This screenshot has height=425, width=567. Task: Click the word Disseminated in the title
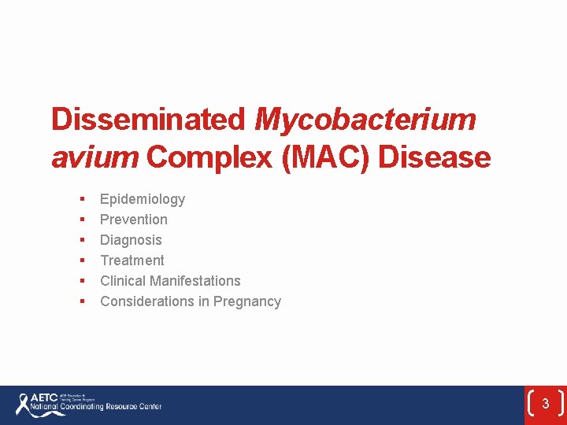pos(149,120)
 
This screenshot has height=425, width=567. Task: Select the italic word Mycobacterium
pos(365,120)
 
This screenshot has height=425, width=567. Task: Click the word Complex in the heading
pos(209,157)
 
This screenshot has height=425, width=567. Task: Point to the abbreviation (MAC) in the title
pos(325,157)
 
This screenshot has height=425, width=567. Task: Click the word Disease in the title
pos(435,157)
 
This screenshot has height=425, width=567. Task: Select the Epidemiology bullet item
pos(143,199)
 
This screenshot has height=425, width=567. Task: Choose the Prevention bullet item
pos(134,220)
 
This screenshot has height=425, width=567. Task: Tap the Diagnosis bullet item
pos(131,240)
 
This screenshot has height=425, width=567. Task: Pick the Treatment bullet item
pos(132,261)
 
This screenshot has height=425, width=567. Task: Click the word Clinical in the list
pos(123,281)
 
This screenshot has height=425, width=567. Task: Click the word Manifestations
pos(195,281)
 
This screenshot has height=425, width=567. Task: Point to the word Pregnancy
pos(247,301)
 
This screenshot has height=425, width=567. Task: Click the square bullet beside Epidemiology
pos(81,199)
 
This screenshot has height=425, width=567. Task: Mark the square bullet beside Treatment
pos(81,261)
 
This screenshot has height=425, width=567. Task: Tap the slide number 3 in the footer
pos(545,405)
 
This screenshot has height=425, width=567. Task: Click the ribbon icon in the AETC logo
pos(23,404)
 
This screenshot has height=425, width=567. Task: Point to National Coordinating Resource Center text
pos(95,408)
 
